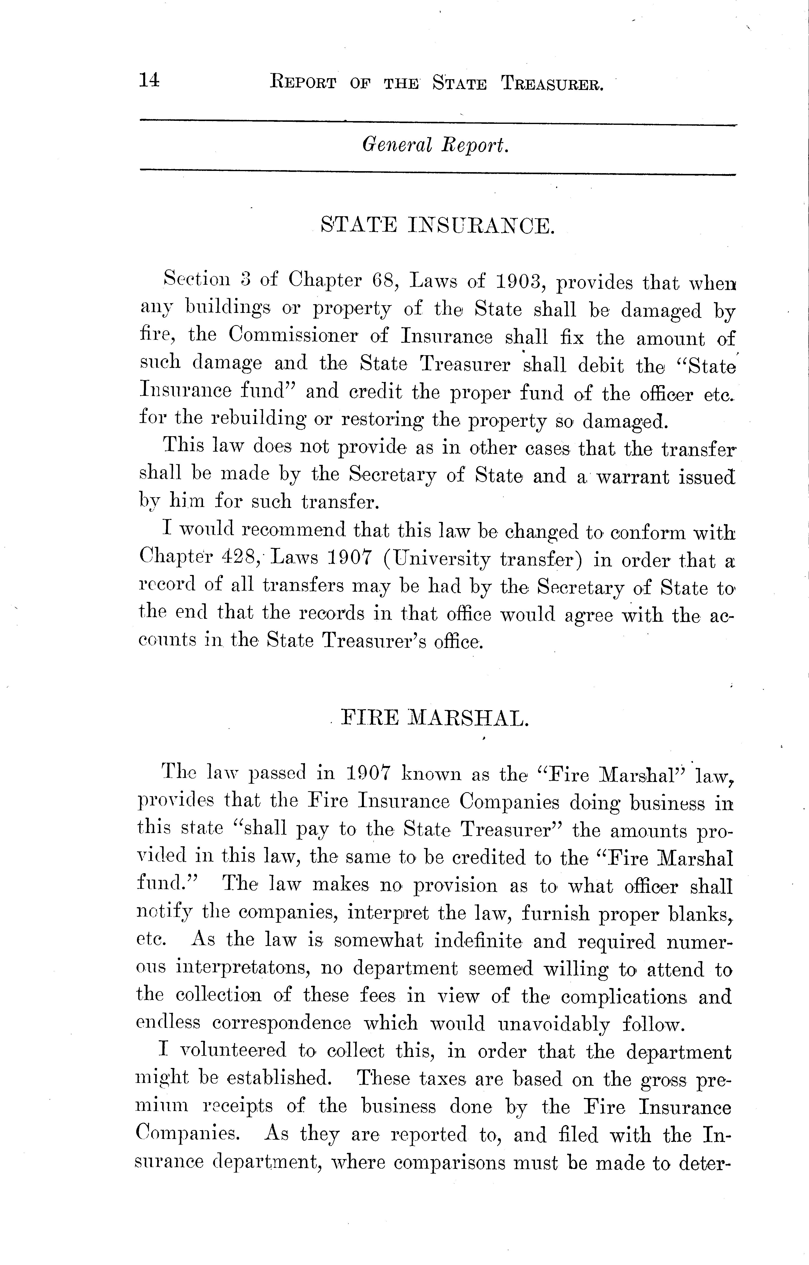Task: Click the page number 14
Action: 149,80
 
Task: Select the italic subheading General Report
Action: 435,145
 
